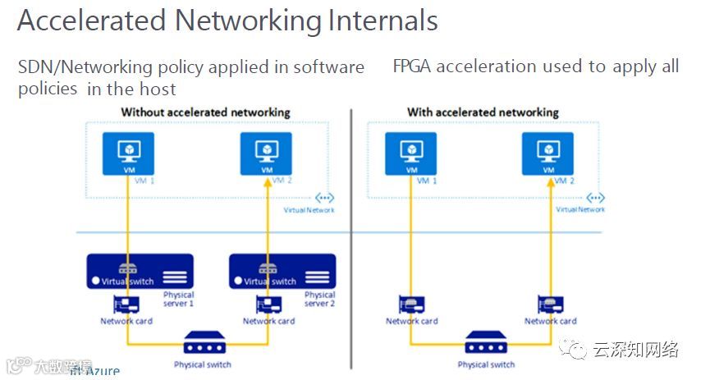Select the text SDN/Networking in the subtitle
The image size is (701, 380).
[76, 67]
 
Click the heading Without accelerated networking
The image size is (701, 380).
[205, 112]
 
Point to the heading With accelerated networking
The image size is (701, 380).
[483, 112]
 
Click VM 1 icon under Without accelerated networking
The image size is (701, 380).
[128, 153]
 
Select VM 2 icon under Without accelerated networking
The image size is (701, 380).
[266, 153]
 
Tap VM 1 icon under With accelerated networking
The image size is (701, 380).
[410, 153]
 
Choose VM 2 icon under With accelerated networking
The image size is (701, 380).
[548, 153]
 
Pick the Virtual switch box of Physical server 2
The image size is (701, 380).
[282, 272]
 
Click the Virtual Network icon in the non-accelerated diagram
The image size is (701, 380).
[323, 198]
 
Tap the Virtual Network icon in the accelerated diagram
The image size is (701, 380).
[595, 198]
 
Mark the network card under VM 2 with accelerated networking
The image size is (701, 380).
[549, 304]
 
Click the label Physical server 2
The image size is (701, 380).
[320, 299]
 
